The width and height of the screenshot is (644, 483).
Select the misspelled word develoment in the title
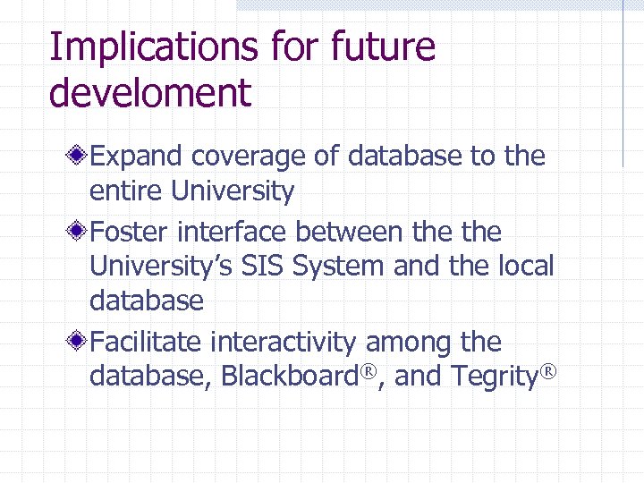[x=150, y=93]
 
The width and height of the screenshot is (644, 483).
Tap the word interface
[x=234, y=232]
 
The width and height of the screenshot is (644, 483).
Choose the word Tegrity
[x=491, y=377]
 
